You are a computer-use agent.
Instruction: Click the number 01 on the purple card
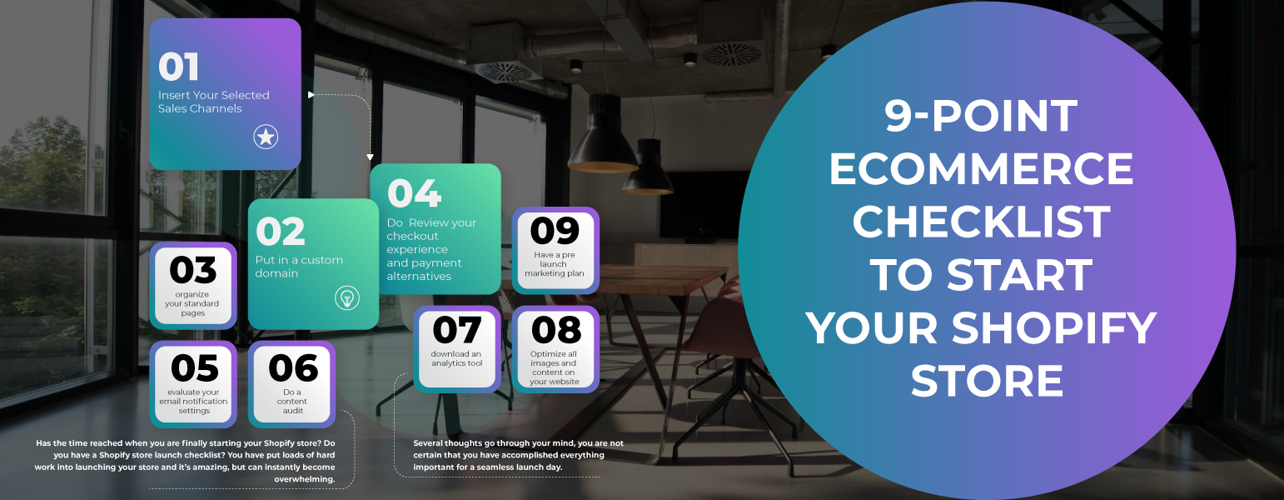point(179,67)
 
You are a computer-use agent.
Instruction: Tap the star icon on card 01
point(266,137)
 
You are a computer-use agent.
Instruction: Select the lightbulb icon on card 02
point(346,297)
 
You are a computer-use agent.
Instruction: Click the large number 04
point(415,193)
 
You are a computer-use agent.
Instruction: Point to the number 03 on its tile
point(193,270)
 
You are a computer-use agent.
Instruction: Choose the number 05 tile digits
point(194,368)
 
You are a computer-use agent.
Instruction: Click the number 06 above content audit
point(293,368)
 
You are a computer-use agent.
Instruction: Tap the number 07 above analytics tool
point(457,330)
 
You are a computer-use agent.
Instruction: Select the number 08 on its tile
point(556,330)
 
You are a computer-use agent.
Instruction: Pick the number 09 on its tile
point(555,231)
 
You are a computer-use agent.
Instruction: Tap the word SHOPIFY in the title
point(1054,328)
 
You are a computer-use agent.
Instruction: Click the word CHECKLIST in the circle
point(982,222)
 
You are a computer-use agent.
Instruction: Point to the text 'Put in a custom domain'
point(299,267)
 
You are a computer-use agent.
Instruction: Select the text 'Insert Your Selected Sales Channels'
point(214,102)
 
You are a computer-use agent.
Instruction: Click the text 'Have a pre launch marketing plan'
point(555,264)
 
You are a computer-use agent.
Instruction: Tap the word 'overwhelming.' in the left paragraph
point(305,479)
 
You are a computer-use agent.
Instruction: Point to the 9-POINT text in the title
point(982,116)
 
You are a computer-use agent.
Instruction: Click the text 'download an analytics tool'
point(457,358)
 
